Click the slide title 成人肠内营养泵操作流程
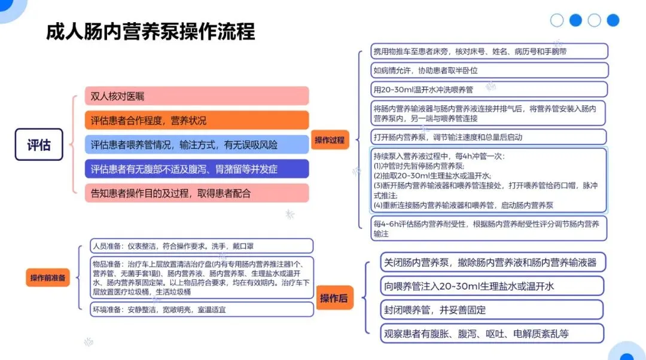150,31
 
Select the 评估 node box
39,145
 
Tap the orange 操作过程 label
330,140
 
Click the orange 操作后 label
334,298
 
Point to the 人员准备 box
202,246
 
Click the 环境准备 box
202,310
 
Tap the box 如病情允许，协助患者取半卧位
489,71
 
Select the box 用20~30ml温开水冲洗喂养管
489,90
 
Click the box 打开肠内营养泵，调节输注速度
489,137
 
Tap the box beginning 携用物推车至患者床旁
489,51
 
